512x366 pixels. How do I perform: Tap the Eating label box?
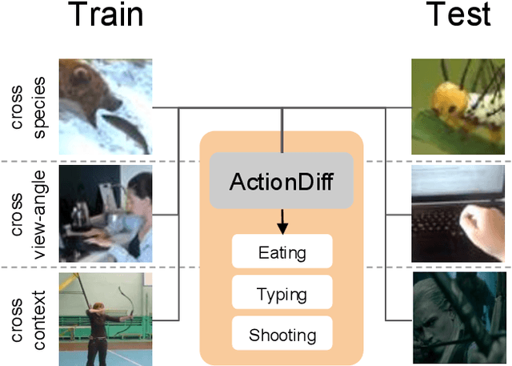[282, 253]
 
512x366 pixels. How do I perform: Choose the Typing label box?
[282, 294]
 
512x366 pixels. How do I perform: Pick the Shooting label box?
[282, 335]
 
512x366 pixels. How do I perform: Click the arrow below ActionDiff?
[282, 219]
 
